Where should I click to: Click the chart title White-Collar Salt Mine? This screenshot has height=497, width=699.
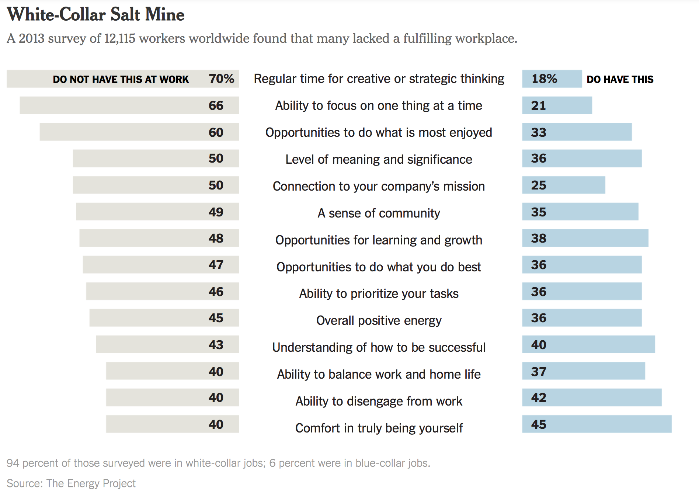(x=95, y=15)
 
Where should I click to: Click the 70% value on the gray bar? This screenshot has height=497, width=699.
(x=221, y=79)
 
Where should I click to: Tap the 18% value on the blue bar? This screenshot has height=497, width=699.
(x=544, y=79)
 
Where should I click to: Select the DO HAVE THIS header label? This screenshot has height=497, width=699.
(x=620, y=79)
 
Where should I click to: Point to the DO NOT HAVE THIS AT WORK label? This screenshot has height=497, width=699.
(x=121, y=79)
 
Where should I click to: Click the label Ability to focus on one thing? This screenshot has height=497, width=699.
(x=379, y=106)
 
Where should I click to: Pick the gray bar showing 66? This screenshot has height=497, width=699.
(x=129, y=105)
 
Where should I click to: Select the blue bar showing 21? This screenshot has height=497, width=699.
(x=557, y=105)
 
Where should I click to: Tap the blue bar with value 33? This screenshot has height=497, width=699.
(x=577, y=132)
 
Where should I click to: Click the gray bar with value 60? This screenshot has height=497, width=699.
(x=139, y=132)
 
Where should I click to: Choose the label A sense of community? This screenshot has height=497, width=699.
(x=379, y=213)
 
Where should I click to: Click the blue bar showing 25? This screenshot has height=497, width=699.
(x=563, y=185)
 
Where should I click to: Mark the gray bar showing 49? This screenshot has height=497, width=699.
(x=157, y=212)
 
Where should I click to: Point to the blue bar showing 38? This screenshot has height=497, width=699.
(x=585, y=238)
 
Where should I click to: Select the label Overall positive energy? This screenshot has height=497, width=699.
(x=379, y=320)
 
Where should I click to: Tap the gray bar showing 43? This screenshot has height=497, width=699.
(x=167, y=344)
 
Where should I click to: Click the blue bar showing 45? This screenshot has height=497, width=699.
(x=597, y=424)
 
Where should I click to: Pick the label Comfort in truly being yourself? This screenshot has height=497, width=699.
(x=379, y=428)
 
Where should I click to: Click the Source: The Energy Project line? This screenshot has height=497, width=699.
(x=71, y=483)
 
